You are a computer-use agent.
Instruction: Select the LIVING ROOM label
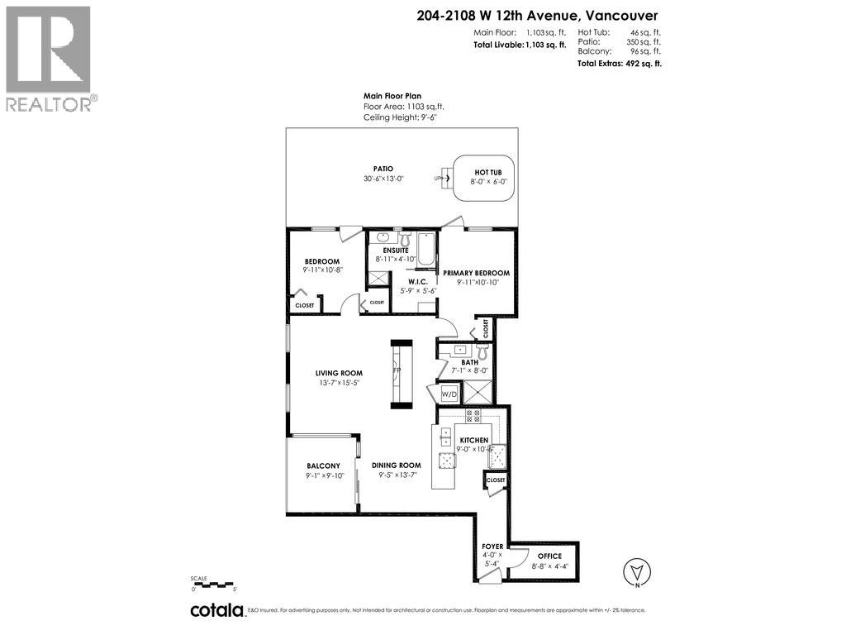pos(339,373)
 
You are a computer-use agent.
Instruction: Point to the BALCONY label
pos(323,466)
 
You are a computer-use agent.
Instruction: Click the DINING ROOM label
pos(400,465)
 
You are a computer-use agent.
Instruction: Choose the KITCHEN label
pos(474,440)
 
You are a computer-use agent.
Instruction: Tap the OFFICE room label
pos(549,556)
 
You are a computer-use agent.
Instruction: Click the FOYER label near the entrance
pos(492,547)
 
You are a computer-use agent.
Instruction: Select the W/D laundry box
pos(449,394)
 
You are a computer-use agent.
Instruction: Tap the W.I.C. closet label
pos(417,280)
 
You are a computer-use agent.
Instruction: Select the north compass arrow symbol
pos(634,571)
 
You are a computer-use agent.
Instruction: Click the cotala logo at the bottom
pos(217,610)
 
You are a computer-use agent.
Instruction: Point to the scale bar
pos(214,584)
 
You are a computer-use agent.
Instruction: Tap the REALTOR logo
pos(49,58)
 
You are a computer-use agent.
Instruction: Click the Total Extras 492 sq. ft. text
pos(619,63)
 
